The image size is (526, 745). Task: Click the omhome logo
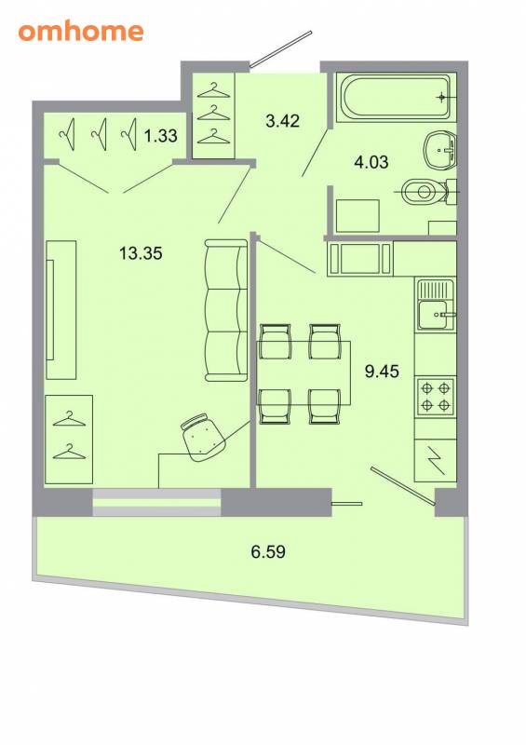[x=81, y=32]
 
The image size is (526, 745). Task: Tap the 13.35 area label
[x=141, y=253]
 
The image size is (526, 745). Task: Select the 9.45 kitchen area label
[x=382, y=371]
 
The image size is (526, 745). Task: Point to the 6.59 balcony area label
[x=268, y=551]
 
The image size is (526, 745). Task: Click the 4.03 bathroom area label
[x=371, y=162]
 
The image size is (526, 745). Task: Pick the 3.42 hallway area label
[x=283, y=121]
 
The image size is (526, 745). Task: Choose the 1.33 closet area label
[x=161, y=136]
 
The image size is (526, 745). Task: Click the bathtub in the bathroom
[x=394, y=98]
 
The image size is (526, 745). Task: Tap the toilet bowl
[x=425, y=192]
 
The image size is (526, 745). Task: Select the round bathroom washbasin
[x=439, y=150]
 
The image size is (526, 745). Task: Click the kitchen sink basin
[x=433, y=315]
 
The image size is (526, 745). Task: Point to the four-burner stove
[x=436, y=397]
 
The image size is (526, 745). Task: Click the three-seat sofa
[x=226, y=310]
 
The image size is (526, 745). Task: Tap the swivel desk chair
[x=202, y=437]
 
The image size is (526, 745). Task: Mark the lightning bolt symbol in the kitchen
[x=436, y=460]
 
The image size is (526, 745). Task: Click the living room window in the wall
[x=156, y=502]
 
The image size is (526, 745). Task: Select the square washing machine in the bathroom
[x=357, y=216]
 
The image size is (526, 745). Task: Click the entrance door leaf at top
[x=281, y=49]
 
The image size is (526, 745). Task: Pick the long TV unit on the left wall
[x=61, y=310]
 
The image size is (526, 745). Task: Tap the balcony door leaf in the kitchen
[x=403, y=485]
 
